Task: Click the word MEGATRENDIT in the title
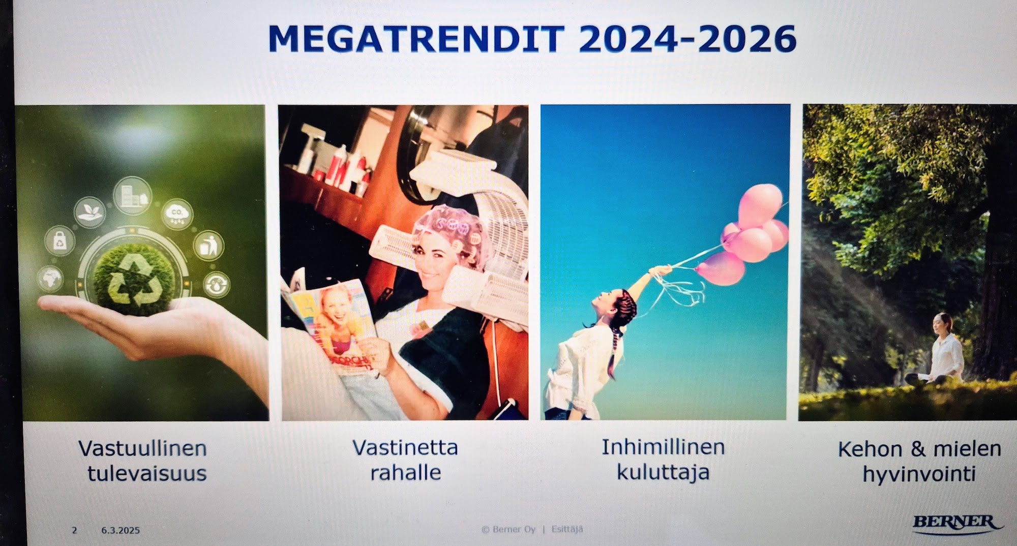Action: click(416, 39)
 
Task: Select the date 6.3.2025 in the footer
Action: click(121, 530)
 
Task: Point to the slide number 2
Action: click(75, 530)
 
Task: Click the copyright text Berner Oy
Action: click(508, 529)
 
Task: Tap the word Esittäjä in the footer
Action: click(567, 529)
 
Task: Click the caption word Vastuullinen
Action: click(142, 448)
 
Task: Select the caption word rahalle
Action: click(405, 472)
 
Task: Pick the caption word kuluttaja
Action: click(663, 472)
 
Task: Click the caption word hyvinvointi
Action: click(919, 474)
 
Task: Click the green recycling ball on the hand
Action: click(134, 279)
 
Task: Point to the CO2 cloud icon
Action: click(177, 214)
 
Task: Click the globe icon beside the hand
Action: click(50, 279)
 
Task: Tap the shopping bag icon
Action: click(60, 240)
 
